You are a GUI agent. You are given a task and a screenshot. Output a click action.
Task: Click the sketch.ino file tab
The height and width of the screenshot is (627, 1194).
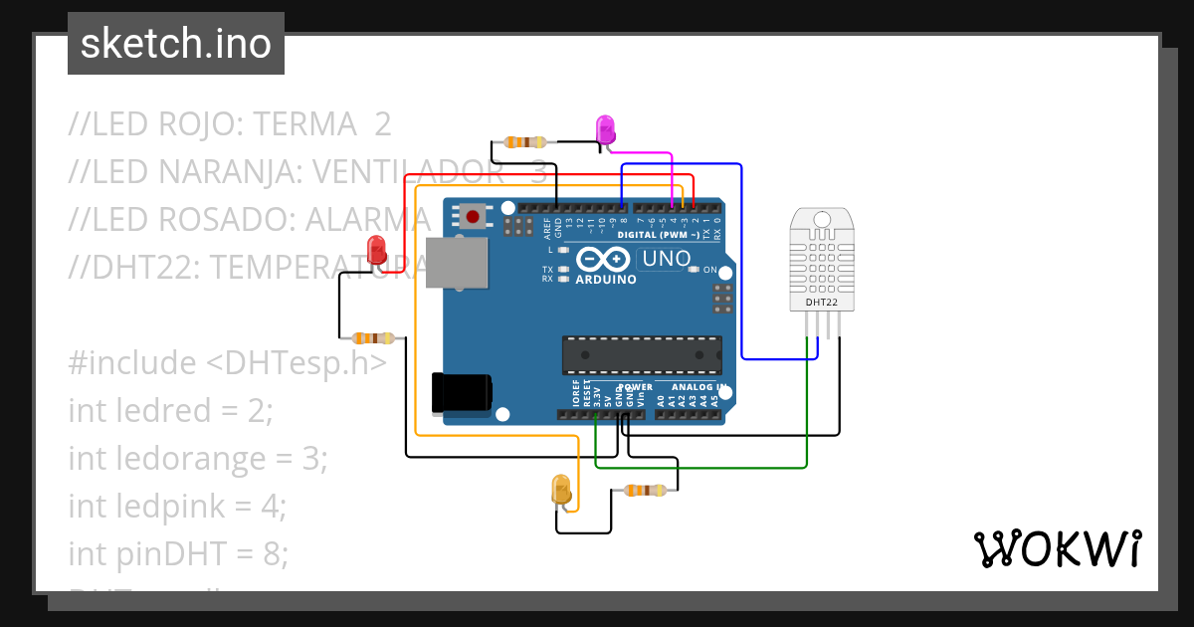(175, 44)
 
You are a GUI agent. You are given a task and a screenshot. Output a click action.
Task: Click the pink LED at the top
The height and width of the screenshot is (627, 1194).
(605, 129)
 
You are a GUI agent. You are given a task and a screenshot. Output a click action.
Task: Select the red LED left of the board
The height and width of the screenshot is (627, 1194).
(377, 250)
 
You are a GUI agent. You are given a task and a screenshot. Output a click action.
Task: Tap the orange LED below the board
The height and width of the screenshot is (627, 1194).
(561, 489)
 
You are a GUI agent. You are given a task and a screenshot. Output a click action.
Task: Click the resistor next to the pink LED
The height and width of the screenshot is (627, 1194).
(524, 142)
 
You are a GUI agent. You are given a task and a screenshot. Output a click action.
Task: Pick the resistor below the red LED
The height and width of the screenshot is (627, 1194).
(372, 338)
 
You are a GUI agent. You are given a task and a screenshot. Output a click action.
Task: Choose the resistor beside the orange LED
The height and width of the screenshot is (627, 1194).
(644, 490)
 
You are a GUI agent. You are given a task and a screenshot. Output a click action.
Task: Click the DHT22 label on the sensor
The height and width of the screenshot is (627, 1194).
(821, 301)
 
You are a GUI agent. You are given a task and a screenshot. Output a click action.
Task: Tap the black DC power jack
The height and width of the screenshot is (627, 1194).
(461, 392)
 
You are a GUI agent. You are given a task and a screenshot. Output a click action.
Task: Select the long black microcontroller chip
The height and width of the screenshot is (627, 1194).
(642, 354)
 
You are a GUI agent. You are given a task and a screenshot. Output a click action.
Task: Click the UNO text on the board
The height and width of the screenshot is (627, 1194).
(666, 259)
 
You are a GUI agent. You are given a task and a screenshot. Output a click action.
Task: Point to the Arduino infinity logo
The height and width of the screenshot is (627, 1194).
(604, 260)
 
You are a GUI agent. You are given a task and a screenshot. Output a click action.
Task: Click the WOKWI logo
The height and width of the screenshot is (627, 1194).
(1057, 548)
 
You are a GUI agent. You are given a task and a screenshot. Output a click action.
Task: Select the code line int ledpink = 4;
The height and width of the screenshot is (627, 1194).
(177, 506)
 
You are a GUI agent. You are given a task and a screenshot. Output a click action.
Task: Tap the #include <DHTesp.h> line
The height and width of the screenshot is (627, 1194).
(227, 363)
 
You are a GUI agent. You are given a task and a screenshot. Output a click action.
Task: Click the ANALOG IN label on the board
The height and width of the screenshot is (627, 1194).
(698, 387)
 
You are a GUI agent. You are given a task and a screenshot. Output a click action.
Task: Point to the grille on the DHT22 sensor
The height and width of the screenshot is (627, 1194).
(821, 254)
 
